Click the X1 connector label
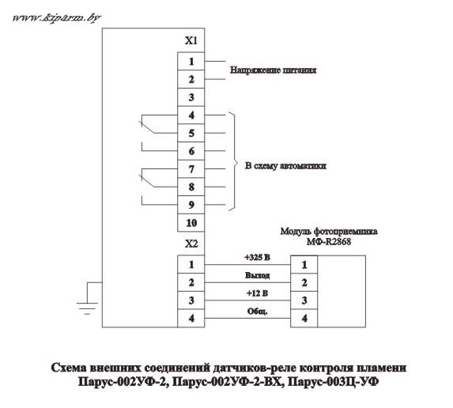[x=191, y=41]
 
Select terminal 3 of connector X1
[x=191, y=97]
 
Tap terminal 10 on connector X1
[x=191, y=223]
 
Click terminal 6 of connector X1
[x=191, y=151]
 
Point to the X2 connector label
[x=191, y=244]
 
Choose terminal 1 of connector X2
[x=191, y=264]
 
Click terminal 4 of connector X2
[x=191, y=318]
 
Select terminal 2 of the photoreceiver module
[x=304, y=282]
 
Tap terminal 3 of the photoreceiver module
[x=304, y=300]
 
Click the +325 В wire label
[x=257, y=257]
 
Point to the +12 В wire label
[x=257, y=293]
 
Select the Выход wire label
[x=257, y=275]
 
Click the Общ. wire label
[x=257, y=312]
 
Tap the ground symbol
[x=87, y=304]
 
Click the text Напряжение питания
[x=273, y=70]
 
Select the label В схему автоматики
[x=285, y=166]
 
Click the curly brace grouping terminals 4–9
[x=235, y=161]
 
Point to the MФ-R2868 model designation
[x=329, y=241]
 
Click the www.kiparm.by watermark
[x=57, y=18]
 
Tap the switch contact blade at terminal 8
[x=147, y=180]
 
